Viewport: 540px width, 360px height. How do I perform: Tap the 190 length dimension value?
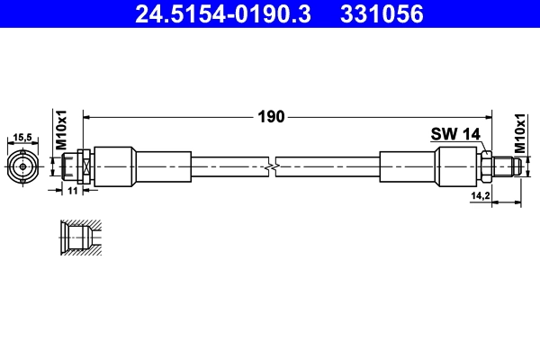(272, 116)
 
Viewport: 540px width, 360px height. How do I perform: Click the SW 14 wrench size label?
(455, 133)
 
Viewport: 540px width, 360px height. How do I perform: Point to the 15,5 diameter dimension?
(22, 138)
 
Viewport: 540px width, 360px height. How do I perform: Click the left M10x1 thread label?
(62, 130)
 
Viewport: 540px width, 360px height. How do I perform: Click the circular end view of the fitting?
(22, 166)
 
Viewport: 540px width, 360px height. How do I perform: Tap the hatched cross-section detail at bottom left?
(79, 238)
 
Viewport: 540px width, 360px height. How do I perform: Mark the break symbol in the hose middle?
(272, 166)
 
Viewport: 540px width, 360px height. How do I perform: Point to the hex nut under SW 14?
(486, 166)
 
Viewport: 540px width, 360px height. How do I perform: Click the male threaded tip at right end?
(508, 166)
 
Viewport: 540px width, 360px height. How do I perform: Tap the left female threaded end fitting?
(75, 166)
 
